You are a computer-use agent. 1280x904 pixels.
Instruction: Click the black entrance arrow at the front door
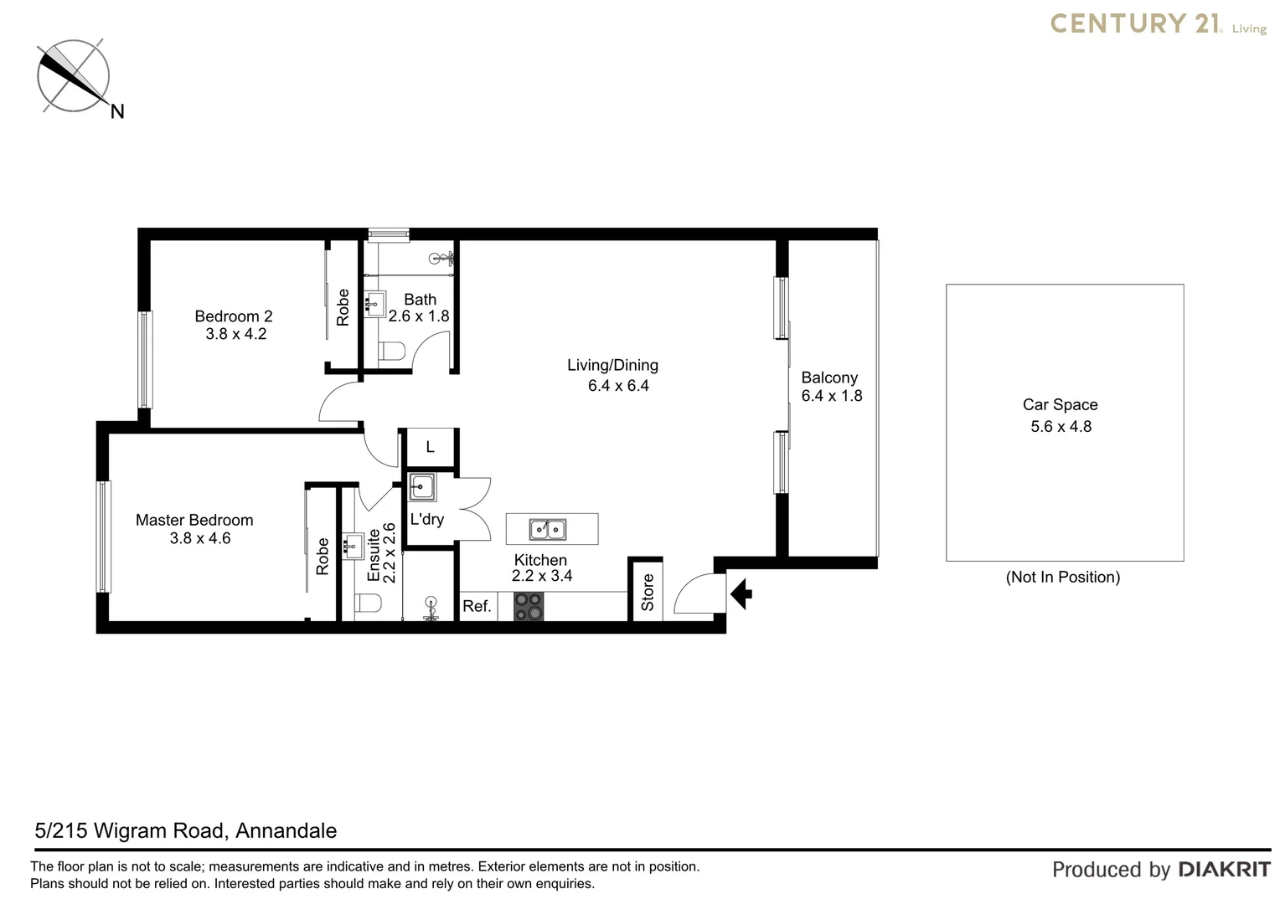point(741,594)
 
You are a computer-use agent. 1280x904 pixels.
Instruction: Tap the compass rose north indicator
point(74,76)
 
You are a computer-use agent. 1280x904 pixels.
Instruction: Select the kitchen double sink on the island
point(548,529)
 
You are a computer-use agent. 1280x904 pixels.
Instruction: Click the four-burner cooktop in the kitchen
point(529,606)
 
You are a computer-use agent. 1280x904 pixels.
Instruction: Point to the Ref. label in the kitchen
point(477,606)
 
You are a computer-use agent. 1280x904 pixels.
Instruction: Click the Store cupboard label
point(648,593)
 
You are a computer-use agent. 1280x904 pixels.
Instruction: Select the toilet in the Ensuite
point(368,603)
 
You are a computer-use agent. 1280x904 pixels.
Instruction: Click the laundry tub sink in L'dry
point(422,487)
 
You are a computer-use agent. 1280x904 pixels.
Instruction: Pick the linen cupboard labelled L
point(430,448)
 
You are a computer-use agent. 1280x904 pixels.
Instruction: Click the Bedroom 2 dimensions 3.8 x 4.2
point(235,334)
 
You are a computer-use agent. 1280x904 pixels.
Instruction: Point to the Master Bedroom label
point(194,520)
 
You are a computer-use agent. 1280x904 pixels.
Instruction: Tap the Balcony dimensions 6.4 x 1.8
point(831,396)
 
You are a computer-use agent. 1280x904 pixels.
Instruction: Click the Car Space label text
point(1060,405)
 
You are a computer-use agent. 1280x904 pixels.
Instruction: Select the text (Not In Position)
point(1062,577)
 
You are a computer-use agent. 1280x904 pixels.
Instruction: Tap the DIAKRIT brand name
point(1224,870)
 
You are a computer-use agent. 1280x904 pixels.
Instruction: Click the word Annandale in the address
point(286,830)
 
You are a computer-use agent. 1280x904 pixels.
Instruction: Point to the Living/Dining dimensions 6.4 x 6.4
point(618,386)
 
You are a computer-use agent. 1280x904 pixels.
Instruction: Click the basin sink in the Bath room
point(374,303)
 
